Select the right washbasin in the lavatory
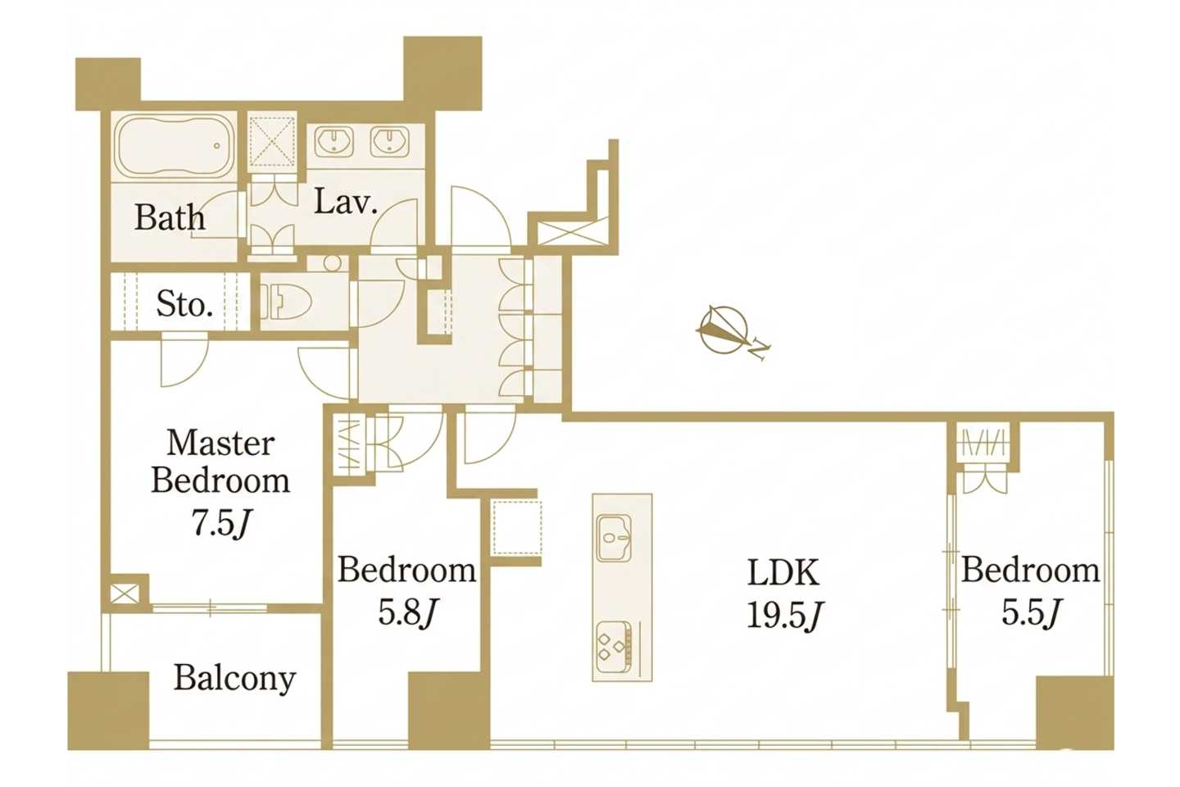[x=389, y=141]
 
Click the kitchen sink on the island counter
[x=614, y=539]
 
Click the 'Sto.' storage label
[x=185, y=305]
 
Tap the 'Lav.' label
[x=346, y=202]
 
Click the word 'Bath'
[x=170, y=217]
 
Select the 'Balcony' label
[x=235, y=679]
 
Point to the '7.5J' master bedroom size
[x=220, y=524]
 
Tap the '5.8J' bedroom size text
[x=409, y=612]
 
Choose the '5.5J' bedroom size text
[x=1030, y=612]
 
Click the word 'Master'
[x=220, y=444]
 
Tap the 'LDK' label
[x=784, y=573]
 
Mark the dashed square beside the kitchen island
[x=518, y=527]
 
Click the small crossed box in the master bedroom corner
[x=125, y=594]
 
